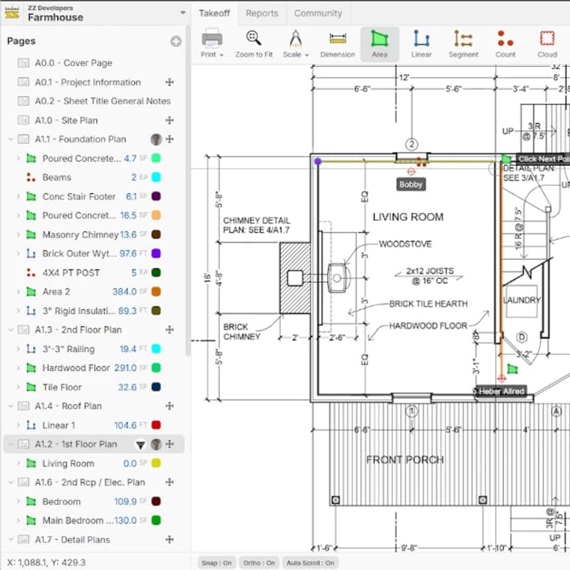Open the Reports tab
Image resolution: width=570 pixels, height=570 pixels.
coord(261,14)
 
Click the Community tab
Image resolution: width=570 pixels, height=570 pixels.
coord(318,14)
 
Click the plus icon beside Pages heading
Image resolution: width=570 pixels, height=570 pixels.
coord(175,41)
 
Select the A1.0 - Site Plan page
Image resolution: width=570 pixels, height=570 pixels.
coord(66,120)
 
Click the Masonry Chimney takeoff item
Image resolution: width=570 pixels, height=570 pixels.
coord(80,234)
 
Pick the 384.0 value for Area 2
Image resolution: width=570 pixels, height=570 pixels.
coord(124,291)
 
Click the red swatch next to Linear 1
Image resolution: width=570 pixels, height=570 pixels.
coord(155,425)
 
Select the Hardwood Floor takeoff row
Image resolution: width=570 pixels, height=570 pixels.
coord(76,368)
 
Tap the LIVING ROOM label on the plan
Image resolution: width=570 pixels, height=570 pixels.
coord(408,217)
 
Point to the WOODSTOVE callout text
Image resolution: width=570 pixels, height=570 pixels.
coord(405,244)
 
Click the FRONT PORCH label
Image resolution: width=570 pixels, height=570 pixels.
coord(405,460)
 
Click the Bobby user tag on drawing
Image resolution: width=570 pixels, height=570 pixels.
coord(410,185)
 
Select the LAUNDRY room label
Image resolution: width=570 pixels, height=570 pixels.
coord(522,300)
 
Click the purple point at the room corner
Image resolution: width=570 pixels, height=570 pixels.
coord(318,162)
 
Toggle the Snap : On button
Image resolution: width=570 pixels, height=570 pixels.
coord(216,563)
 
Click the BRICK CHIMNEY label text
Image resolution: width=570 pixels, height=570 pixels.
coord(242,331)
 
